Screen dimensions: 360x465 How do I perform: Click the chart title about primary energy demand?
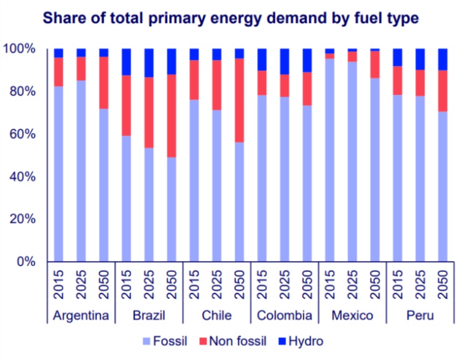[x=231, y=19]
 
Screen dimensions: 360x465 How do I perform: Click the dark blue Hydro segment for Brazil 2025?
[x=149, y=63]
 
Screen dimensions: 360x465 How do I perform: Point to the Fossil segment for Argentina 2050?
[x=104, y=185]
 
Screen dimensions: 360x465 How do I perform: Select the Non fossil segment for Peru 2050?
[x=443, y=91]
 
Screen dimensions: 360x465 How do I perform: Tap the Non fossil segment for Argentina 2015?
[x=59, y=72]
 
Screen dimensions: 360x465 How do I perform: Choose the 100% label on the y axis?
[x=20, y=49]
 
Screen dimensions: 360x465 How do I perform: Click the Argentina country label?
[x=81, y=315]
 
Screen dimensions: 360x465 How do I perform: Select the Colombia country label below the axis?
[x=285, y=315]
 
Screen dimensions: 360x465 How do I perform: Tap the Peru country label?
[x=420, y=315]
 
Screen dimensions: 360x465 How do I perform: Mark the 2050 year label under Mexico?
[x=375, y=284]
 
